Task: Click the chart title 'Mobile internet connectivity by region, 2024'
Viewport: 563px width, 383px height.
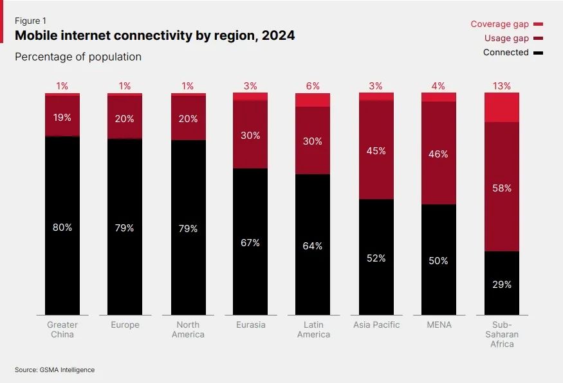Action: [x=154, y=36]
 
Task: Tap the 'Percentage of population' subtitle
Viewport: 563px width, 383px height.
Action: [x=78, y=57]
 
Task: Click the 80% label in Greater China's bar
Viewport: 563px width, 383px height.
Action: [x=62, y=227]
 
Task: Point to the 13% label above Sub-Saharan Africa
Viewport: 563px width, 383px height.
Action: [x=502, y=85]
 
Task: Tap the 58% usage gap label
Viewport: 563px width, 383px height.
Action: [x=502, y=188]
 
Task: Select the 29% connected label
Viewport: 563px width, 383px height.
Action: [x=502, y=284]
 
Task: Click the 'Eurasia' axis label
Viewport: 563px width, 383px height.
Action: [x=250, y=325]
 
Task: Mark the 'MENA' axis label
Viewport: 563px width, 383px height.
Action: [x=439, y=325]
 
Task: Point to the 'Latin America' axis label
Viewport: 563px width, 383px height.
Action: [x=313, y=330]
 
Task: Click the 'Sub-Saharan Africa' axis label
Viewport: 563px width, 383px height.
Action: [x=502, y=334]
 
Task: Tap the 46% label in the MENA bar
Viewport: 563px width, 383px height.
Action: [x=439, y=154]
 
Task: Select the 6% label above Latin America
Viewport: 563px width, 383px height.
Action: [x=313, y=85]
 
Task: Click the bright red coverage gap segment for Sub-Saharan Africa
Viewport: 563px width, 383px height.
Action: [x=502, y=107]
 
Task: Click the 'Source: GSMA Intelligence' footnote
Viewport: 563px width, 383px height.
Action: [x=55, y=370]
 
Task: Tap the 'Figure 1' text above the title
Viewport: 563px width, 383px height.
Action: [x=30, y=21]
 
